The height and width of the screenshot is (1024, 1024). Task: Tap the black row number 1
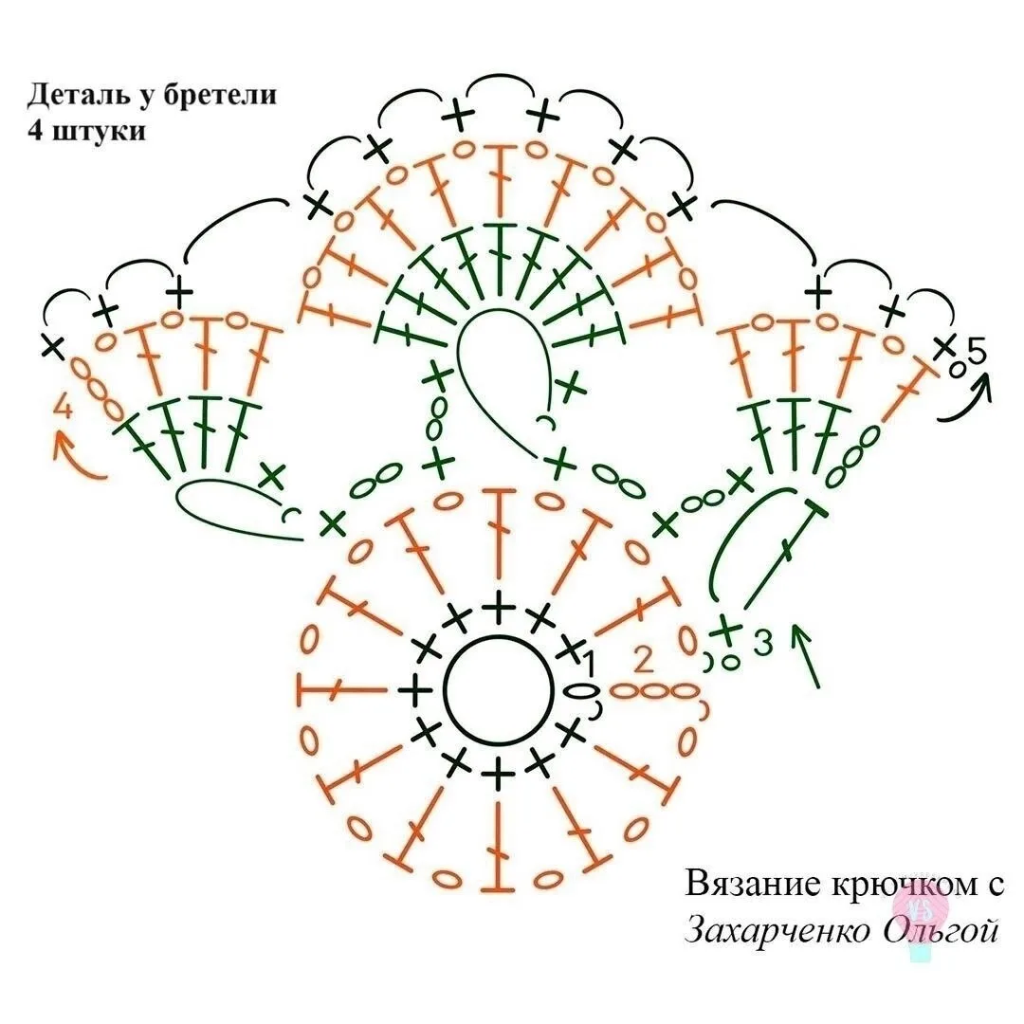point(589,664)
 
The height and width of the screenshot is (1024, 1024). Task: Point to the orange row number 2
point(644,661)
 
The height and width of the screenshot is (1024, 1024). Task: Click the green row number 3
point(762,643)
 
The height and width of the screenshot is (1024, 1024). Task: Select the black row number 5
point(976,352)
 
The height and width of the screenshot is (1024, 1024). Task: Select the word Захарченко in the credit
point(777,930)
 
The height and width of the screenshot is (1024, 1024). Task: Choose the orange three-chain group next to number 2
point(654,690)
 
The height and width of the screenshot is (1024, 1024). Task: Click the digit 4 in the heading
point(35,130)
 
